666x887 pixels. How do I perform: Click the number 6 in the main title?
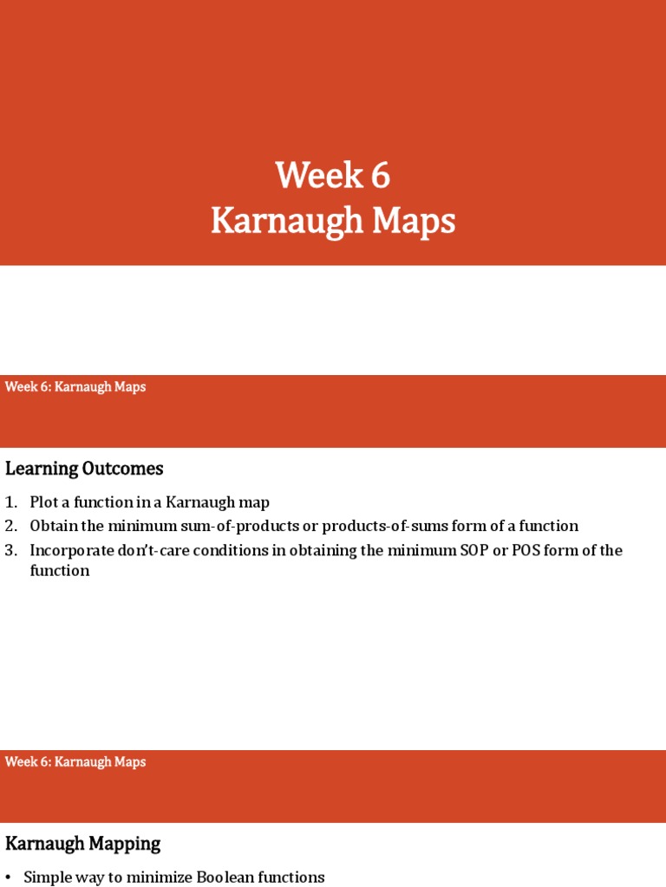click(x=381, y=176)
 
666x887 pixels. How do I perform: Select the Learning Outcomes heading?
click(x=84, y=469)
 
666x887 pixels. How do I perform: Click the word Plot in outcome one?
click(x=44, y=502)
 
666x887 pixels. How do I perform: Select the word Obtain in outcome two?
click(x=55, y=526)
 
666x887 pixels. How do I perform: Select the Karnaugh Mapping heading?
click(x=83, y=843)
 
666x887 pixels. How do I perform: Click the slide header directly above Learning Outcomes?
click(x=75, y=387)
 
